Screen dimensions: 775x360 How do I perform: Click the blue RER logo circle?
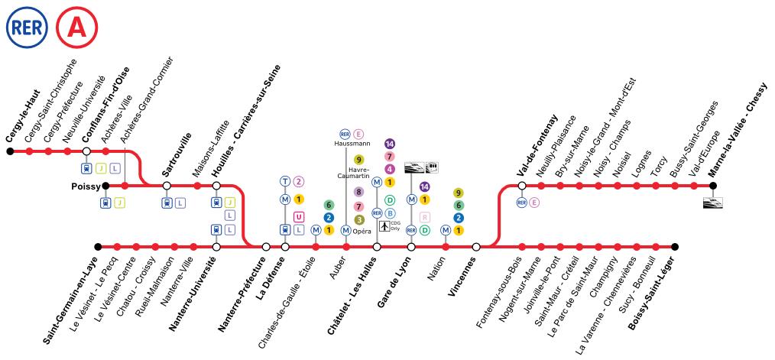coord(27,28)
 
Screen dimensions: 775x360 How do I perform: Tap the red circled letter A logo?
coord(76,28)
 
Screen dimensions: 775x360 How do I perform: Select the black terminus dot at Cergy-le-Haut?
coord(10,151)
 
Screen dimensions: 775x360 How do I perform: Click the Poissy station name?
coord(85,187)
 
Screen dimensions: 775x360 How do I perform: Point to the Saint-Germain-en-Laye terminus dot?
coord(98,246)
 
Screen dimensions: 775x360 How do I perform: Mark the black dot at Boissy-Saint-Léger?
coord(675,246)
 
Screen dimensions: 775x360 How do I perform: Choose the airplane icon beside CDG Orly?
coord(384,226)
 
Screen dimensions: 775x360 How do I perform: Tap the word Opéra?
coord(362,232)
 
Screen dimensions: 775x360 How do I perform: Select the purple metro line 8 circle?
coord(359,191)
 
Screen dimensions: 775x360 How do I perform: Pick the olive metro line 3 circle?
coord(359,220)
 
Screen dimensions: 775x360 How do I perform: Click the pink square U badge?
coord(298,216)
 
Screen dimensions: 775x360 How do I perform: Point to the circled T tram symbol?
coord(285,181)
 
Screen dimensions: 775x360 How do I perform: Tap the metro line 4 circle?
coord(390,169)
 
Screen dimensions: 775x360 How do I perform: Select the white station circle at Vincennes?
coord(476,246)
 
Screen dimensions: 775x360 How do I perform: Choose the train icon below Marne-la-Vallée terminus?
coord(713,203)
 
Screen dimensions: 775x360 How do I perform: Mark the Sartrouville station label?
coord(177,154)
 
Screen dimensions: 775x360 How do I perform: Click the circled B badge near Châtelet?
coord(390,213)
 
